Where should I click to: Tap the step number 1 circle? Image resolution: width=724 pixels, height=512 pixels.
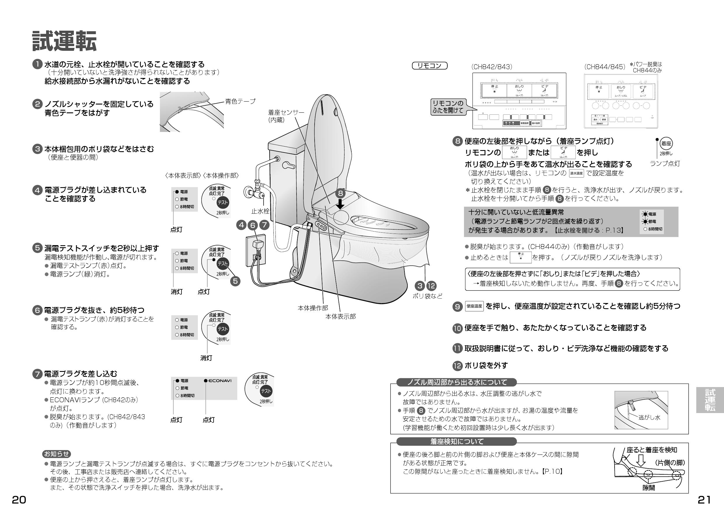[x=37, y=64]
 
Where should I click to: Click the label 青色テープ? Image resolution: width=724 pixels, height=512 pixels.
[x=240, y=101]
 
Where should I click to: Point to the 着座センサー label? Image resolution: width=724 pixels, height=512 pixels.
[x=286, y=112]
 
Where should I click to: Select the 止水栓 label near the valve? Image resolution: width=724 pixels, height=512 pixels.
[x=260, y=211]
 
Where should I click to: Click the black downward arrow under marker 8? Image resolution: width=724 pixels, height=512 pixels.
[x=340, y=204]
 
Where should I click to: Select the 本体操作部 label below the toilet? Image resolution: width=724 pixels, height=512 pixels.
[x=313, y=308]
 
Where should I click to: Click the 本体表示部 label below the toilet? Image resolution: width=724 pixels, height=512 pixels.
[x=340, y=316]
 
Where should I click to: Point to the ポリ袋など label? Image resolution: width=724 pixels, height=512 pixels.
[x=427, y=296]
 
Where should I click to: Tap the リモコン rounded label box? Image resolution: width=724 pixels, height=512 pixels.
[x=430, y=66]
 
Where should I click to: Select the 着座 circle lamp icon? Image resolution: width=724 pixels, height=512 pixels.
[x=666, y=144]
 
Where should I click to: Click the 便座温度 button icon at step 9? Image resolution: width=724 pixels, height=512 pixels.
[x=474, y=306]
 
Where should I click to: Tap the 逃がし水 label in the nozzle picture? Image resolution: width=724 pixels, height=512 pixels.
[x=649, y=417]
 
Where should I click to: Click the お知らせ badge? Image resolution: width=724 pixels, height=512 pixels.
[x=56, y=454]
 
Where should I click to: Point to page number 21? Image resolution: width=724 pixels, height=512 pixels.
[x=704, y=500]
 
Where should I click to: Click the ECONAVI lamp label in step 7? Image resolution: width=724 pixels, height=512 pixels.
[x=219, y=380]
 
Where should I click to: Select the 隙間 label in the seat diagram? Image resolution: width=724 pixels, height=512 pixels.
[x=649, y=488]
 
